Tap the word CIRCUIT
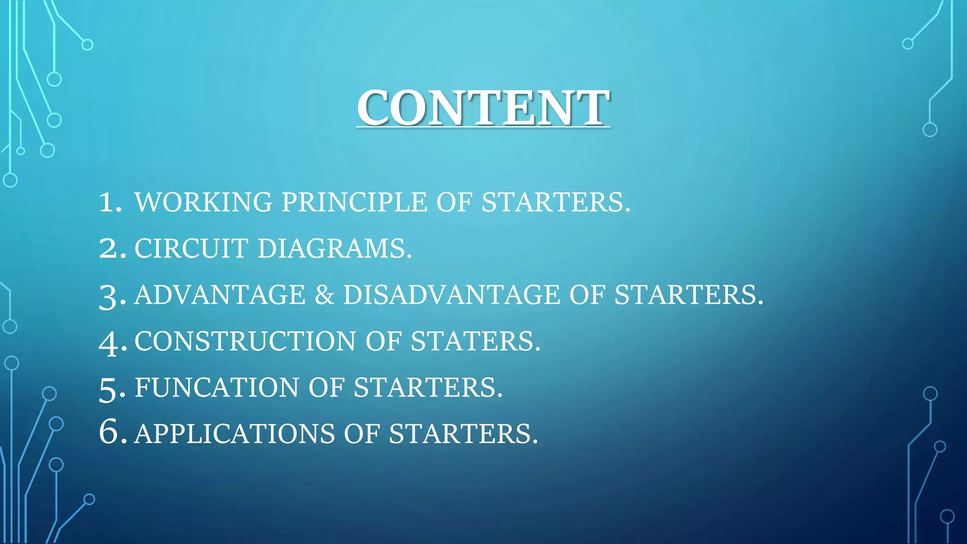click(x=191, y=248)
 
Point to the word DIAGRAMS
click(x=334, y=248)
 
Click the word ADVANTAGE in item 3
click(x=220, y=295)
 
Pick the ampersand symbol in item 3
click(x=324, y=295)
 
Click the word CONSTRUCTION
click(x=245, y=341)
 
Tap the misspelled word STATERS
click(x=475, y=341)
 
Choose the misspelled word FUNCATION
click(x=217, y=387)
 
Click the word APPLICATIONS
click(x=234, y=433)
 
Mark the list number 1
click(x=110, y=202)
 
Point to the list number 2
click(x=112, y=248)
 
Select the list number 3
click(x=112, y=297)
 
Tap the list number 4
click(x=112, y=342)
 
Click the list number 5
click(x=112, y=389)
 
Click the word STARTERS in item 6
click(x=463, y=433)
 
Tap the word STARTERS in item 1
click(x=555, y=202)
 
